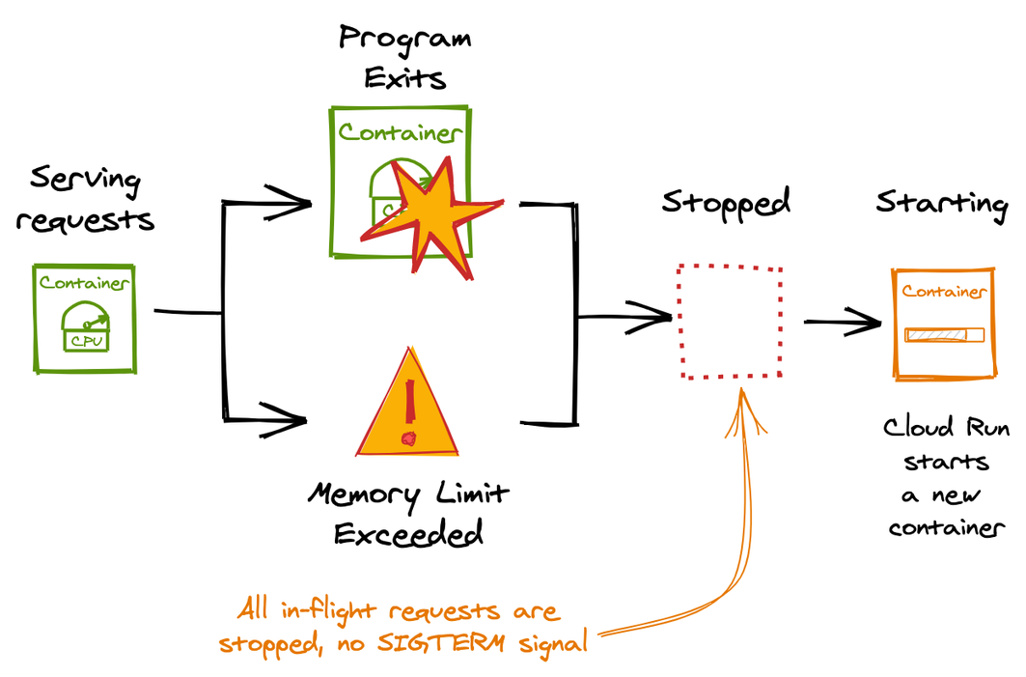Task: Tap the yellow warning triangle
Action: (x=409, y=411)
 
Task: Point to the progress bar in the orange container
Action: (x=944, y=335)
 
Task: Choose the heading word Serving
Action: (x=85, y=181)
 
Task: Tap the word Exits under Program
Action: (x=405, y=77)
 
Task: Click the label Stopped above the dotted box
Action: (x=726, y=203)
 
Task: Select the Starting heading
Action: (x=942, y=203)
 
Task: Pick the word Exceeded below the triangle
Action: (x=408, y=532)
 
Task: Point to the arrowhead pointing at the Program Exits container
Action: (x=295, y=203)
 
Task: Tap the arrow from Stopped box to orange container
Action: (x=842, y=321)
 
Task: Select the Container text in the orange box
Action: (x=944, y=292)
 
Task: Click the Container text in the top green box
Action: (x=400, y=134)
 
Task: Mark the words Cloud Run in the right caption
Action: (x=945, y=427)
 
